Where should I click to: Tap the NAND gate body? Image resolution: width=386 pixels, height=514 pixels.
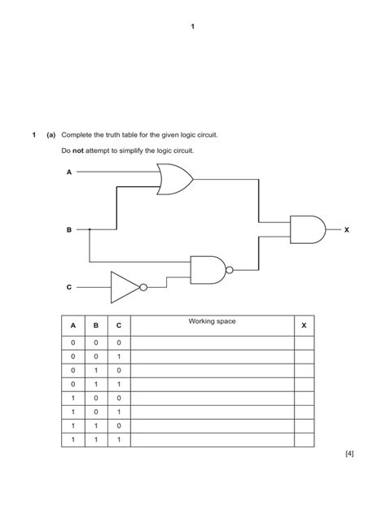tap(208, 269)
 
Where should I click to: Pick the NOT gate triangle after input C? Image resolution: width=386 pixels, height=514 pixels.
tap(125, 286)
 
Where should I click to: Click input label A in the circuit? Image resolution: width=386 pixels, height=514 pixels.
tap(69, 172)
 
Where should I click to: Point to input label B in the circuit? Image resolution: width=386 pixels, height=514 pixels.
tap(69, 230)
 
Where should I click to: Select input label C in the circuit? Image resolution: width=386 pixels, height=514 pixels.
tap(69, 287)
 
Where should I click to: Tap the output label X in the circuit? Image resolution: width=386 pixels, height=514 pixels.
tap(346, 230)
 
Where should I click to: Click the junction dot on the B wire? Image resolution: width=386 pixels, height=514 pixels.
tap(90, 230)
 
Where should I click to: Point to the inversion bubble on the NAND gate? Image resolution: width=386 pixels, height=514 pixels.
tap(230, 269)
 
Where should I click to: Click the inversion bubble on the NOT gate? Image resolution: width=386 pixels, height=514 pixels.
tap(143, 286)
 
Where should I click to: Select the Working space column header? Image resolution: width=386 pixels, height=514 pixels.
tap(212, 322)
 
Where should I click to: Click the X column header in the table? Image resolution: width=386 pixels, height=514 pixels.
tap(304, 325)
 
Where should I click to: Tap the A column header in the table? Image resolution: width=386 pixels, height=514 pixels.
tap(72, 325)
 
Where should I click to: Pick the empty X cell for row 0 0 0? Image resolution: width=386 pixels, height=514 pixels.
tap(304, 343)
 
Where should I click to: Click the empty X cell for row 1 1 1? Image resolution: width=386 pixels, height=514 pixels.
tap(304, 440)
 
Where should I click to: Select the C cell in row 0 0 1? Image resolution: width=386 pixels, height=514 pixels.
tap(118, 357)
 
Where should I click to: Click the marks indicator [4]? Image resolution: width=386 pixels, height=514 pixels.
tap(349, 454)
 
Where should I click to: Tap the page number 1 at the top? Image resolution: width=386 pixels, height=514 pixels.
tap(193, 27)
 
